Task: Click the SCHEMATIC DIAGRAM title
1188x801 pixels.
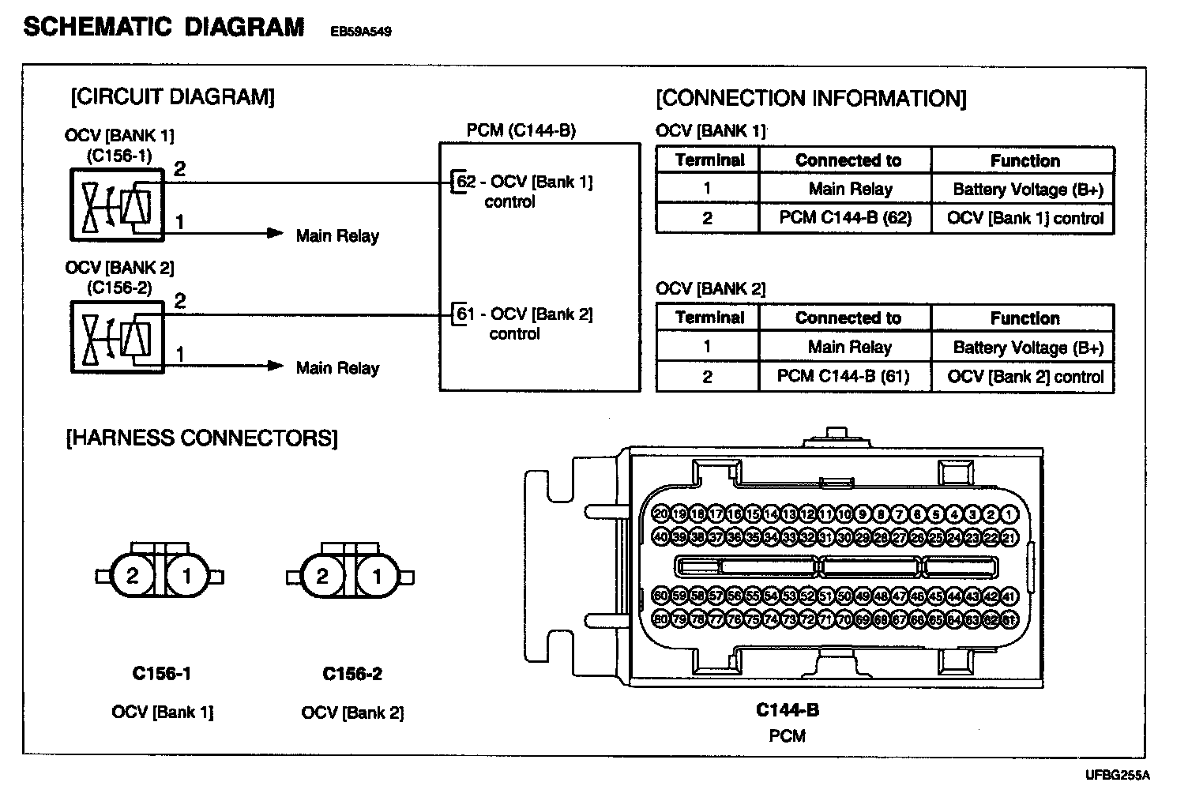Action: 164,27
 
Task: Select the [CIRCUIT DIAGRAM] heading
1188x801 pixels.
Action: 173,97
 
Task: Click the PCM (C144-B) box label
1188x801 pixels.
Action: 521,130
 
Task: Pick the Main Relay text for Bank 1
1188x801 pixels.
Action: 337,235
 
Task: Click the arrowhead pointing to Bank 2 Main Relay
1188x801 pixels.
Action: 275,366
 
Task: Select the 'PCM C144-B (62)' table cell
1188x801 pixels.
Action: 844,218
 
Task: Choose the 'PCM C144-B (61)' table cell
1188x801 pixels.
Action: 843,376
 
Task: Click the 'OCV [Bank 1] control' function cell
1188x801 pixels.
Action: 1024,218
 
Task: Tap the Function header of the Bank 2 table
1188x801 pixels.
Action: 1024,318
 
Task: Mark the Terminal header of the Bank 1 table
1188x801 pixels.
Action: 709,160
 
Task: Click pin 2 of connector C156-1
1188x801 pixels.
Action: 132,576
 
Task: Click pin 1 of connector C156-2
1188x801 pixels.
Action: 377,576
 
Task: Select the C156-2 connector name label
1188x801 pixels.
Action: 352,674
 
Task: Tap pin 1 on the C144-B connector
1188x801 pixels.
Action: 1009,514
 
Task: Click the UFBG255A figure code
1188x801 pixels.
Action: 1117,775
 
